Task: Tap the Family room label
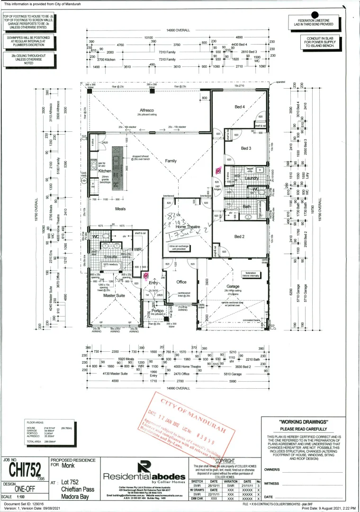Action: click(171, 161)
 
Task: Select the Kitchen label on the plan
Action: click(104, 170)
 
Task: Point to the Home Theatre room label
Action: click(188, 227)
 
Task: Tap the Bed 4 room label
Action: click(240, 107)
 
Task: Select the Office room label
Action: click(181, 282)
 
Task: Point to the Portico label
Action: click(157, 311)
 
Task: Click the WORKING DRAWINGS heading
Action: click(304, 421)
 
